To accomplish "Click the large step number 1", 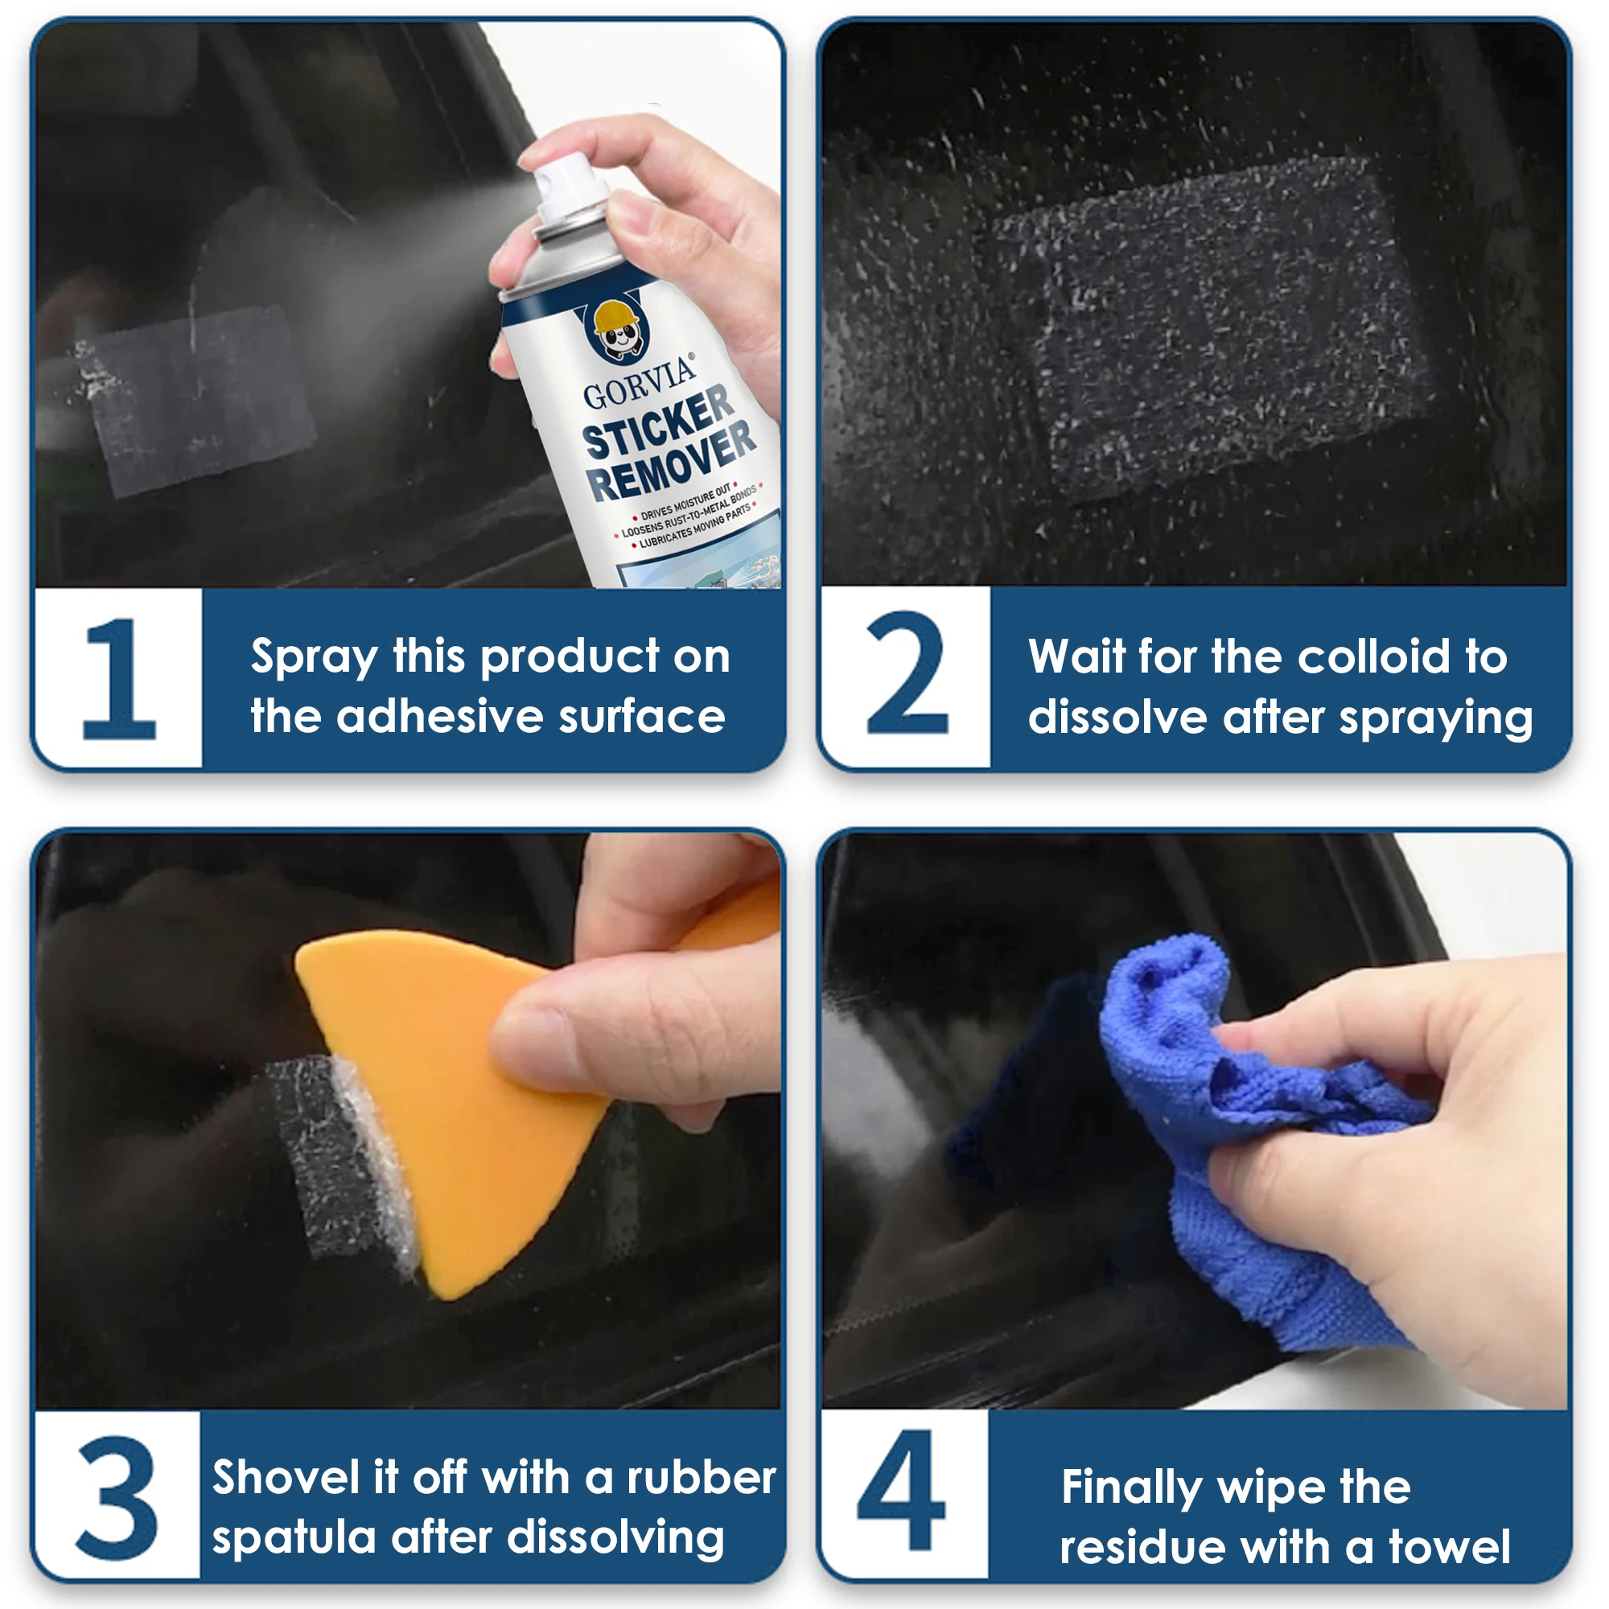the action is click(121, 678).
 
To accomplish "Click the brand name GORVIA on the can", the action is click(640, 383).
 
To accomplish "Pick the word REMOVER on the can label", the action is click(671, 463).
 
